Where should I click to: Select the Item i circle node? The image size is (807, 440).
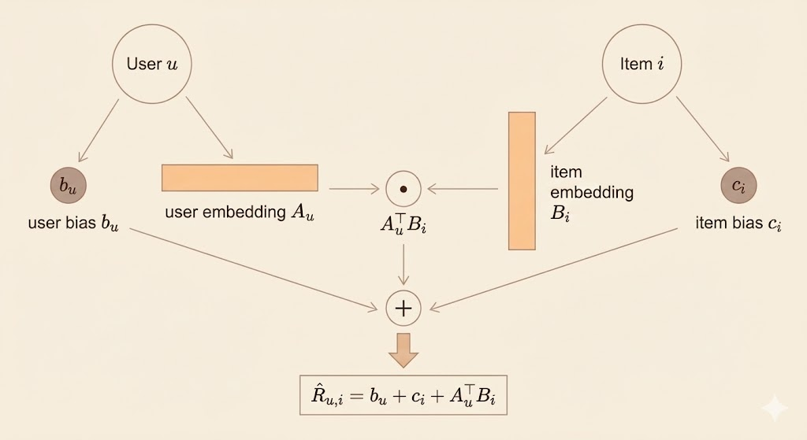pos(638,64)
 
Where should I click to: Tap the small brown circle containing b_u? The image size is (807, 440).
pos(68,187)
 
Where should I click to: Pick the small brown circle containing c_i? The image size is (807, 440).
pos(738,187)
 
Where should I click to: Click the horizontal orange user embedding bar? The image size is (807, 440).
pos(240,178)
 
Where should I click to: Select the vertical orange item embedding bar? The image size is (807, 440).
pos(522,180)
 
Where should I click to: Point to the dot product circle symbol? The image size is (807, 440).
pos(403,189)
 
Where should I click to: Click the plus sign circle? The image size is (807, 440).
pos(403,308)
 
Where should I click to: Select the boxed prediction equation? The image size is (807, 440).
pos(403,399)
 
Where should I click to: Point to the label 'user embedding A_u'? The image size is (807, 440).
pos(240,213)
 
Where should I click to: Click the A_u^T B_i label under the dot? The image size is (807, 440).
pos(403,226)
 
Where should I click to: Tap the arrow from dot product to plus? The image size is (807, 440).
pos(403,265)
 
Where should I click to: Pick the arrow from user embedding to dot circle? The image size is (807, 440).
pos(352,189)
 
